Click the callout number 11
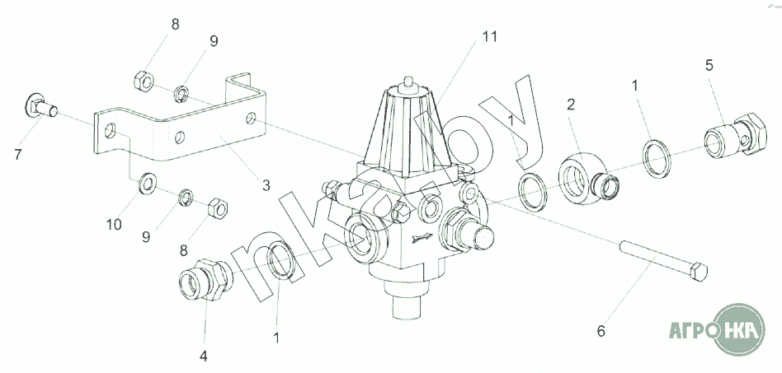(x=490, y=37)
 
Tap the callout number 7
(x=18, y=155)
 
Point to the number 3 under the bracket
(x=266, y=186)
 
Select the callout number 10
(x=114, y=225)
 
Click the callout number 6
(x=601, y=331)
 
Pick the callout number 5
(x=709, y=65)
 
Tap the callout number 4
(x=203, y=356)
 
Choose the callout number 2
(x=571, y=104)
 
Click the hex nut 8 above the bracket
(x=144, y=81)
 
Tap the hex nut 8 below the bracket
(x=217, y=207)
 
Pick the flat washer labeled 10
(x=147, y=184)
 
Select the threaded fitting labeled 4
(x=205, y=280)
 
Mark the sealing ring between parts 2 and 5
(x=656, y=158)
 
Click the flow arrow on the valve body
(x=422, y=239)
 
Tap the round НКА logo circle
(x=738, y=329)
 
